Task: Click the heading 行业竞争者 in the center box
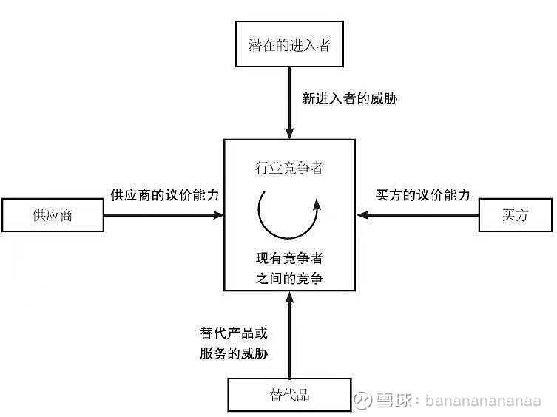[x=289, y=168]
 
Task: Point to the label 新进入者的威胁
[x=350, y=98]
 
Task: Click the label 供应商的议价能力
[x=164, y=195]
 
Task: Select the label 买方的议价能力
[x=422, y=195]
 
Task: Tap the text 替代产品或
[x=234, y=333]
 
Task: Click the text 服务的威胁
[x=234, y=353]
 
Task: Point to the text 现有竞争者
[x=289, y=258]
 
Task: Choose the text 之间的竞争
[x=289, y=278]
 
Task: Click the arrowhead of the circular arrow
[x=317, y=206]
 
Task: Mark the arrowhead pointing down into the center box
[x=289, y=133]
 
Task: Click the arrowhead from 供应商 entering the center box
[x=218, y=215]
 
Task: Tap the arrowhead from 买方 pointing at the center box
[x=362, y=215]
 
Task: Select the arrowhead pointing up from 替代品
[x=290, y=297]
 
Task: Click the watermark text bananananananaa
[x=483, y=401]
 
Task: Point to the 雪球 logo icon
[x=363, y=400]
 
